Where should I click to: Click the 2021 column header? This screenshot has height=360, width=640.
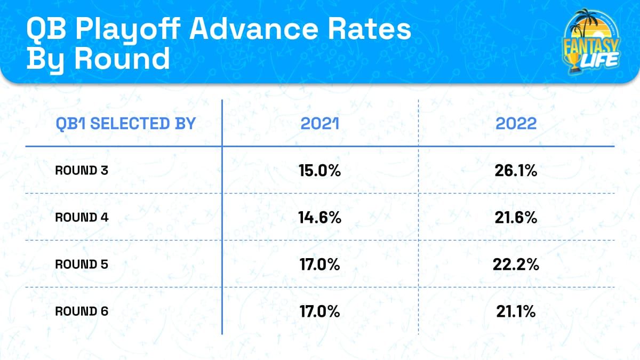tap(319, 124)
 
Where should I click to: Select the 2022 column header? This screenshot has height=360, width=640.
tap(516, 124)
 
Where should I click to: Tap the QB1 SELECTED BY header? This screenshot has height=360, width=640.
tap(126, 124)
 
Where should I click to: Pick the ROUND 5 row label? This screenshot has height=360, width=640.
tap(82, 265)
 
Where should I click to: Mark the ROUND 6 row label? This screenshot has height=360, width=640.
tap(82, 311)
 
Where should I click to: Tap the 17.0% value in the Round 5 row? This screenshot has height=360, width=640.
tap(319, 265)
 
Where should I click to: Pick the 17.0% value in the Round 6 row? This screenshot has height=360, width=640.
tap(319, 311)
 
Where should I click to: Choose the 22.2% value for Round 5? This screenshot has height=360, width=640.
tap(516, 265)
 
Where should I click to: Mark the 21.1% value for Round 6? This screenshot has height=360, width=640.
tap(516, 311)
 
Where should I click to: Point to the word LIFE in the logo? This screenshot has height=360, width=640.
tap(598, 60)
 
